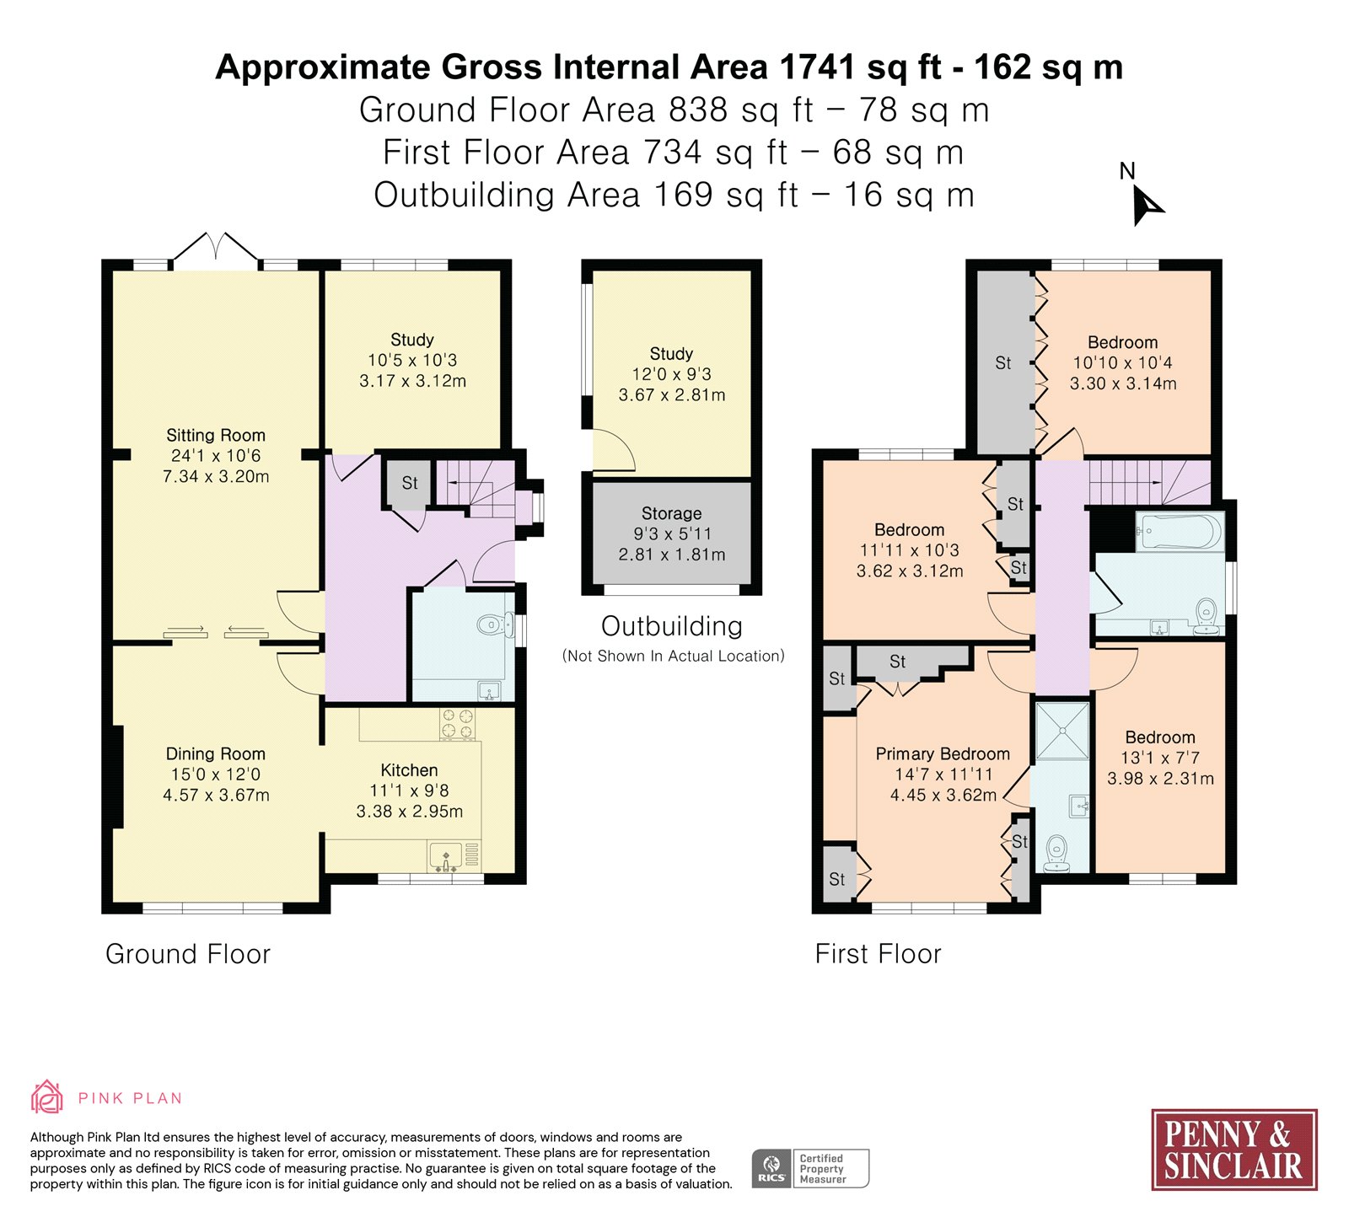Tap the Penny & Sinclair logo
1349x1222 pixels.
point(1233,1150)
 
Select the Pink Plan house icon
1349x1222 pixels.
point(47,1097)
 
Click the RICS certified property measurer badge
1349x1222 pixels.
point(810,1168)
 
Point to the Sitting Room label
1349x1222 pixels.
point(216,435)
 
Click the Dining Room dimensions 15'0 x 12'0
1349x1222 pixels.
point(216,774)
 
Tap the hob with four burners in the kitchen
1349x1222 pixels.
point(457,724)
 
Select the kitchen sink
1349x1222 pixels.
point(446,855)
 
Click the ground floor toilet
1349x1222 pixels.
point(496,624)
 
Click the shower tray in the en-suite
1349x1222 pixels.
point(1062,730)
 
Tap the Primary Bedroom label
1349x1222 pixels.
point(943,753)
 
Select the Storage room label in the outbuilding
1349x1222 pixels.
point(671,513)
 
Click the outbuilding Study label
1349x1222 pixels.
point(671,354)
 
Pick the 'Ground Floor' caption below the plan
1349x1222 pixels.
point(188,954)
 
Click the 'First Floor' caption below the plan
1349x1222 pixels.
point(878,954)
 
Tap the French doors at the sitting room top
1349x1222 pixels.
point(216,250)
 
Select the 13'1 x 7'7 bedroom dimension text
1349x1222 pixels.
point(1160,758)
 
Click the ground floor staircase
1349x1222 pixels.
point(480,489)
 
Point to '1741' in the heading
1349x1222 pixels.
point(818,67)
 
